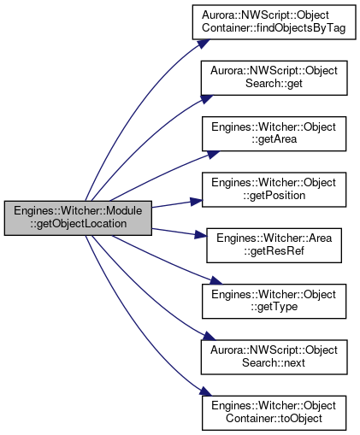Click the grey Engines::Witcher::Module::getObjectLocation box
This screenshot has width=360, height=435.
[x=78, y=218]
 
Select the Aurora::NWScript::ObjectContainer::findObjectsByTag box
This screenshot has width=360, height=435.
[x=274, y=22]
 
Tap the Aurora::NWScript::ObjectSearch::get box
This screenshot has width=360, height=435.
[x=274, y=78]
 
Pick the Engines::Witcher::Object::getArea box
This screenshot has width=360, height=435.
[x=274, y=133]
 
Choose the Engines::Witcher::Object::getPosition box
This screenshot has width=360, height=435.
[x=274, y=190]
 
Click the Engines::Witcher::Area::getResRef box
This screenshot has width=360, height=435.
[x=274, y=245]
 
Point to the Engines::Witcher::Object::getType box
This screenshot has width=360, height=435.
[x=274, y=301]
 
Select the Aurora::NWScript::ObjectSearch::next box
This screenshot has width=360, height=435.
[x=274, y=357]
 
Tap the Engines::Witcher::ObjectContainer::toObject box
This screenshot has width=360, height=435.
[x=274, y=413]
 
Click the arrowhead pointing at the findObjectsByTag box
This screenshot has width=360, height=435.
[x=204, y=44]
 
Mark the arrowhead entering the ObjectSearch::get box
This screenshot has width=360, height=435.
[x=206, y=99]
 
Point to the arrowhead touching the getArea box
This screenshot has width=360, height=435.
[x=213, y=154]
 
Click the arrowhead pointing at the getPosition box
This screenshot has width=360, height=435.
[x=196, y=202]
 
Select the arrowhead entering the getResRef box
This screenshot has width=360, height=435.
[x=200, y=235]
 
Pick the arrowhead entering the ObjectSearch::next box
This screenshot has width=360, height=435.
[x=209, y=336]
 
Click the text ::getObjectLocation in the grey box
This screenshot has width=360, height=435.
[x=79, y=224]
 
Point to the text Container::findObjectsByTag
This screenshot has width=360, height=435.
[x=274, y=28]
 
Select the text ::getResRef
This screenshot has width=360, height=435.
[x=274, y=251]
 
